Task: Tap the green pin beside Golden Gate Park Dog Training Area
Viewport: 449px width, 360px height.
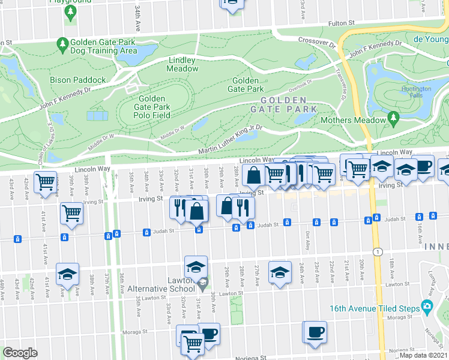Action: [x=62, y=44]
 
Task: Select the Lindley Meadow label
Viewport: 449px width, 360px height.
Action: [x=182, y=64]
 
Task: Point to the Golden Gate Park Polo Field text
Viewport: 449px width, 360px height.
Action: [x=152, y=107]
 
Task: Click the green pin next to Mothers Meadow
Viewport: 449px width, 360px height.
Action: [x=394, y=120]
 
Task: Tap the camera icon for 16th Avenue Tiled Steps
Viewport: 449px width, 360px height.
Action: [x=427, y=307]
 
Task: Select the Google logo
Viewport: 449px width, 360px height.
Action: [x=20, y=352]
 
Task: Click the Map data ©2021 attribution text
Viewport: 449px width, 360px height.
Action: [x=423, y=355]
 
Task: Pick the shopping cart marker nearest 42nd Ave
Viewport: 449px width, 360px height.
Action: [x=46, y=182]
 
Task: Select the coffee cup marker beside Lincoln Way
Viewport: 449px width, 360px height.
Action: [x=423, y=166]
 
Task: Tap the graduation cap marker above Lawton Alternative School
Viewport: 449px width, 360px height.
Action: [x=196, y=266]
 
